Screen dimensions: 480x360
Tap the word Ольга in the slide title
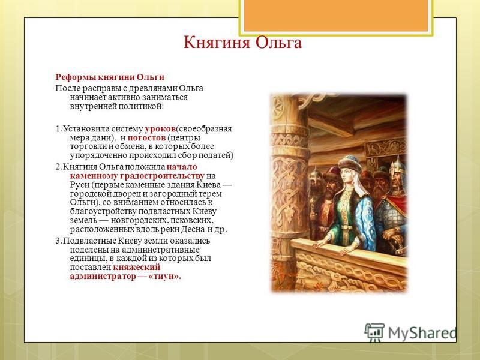point(278,43)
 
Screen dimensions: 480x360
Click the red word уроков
point(160,129)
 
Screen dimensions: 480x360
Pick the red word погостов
point(146,138)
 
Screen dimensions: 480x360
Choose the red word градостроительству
point(162,176)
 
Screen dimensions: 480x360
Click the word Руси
point(80,185)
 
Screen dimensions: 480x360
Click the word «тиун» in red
point(165,276)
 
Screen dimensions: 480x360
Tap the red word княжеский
point(137,267)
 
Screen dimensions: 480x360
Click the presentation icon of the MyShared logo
point(374,332)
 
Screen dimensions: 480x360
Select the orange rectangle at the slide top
point(336,16)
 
